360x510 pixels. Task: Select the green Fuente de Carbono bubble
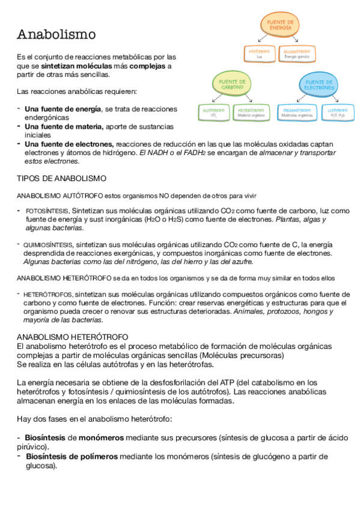232,84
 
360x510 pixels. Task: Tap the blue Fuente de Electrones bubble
319,85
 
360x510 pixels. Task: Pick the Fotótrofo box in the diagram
259,54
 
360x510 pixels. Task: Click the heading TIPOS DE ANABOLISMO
61,179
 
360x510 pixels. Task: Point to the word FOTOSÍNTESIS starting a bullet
47,211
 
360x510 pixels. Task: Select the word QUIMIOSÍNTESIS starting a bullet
49,245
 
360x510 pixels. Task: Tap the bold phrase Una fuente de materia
64,127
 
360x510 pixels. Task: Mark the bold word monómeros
100,438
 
